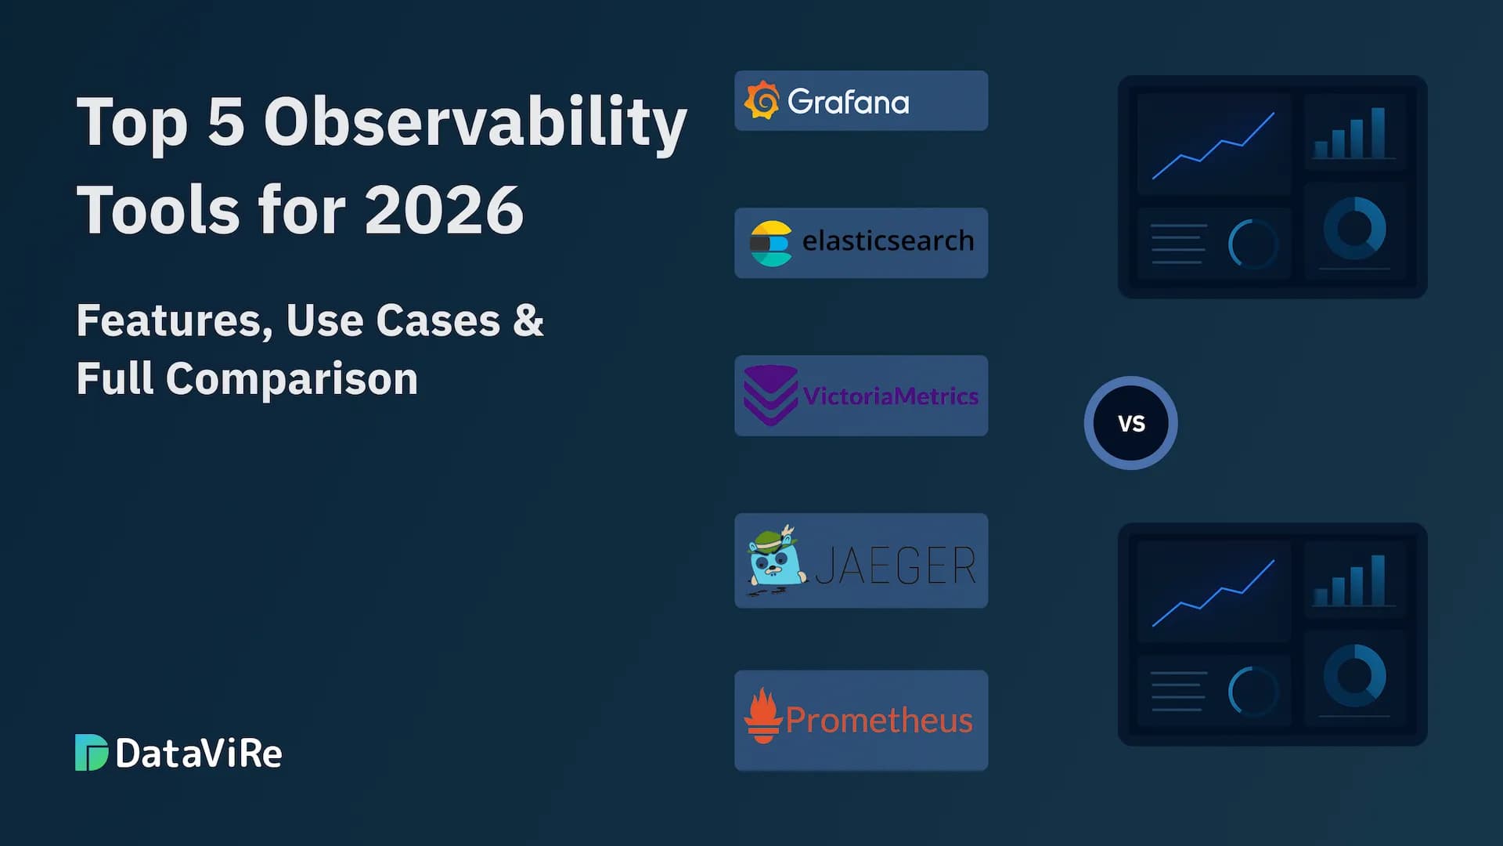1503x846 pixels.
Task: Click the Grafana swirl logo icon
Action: click(x=762, y=100)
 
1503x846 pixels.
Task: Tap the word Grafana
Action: click(x=849, y=102)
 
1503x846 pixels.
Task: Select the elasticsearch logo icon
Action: click(x=770, y=243)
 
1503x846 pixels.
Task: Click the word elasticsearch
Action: click(x=888, y=241)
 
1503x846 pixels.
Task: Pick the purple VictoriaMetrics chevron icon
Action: click(x=770, y=395)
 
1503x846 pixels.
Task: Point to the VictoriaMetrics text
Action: click(x=891, y=396)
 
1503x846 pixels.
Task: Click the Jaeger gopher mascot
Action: click(x=775, y=559)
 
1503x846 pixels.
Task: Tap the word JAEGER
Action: click(x=896, y=566)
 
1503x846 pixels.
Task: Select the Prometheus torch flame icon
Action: click(x=763, y=716)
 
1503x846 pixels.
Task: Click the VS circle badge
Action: click(x=1130, y=423)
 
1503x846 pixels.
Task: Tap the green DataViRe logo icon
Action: click(x=91, y=753)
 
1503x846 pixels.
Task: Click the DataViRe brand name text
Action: click(x=199, y=754)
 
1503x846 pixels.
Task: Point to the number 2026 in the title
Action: click(x=444, y=210)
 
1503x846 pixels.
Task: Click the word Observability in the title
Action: click(x=475, y=122)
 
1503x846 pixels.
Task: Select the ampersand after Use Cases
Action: click(x=528, y=320)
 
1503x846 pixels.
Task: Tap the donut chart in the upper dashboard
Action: click(x=1354, y=228)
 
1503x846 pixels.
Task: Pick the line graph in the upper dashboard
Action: click(x=1213, y=146)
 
